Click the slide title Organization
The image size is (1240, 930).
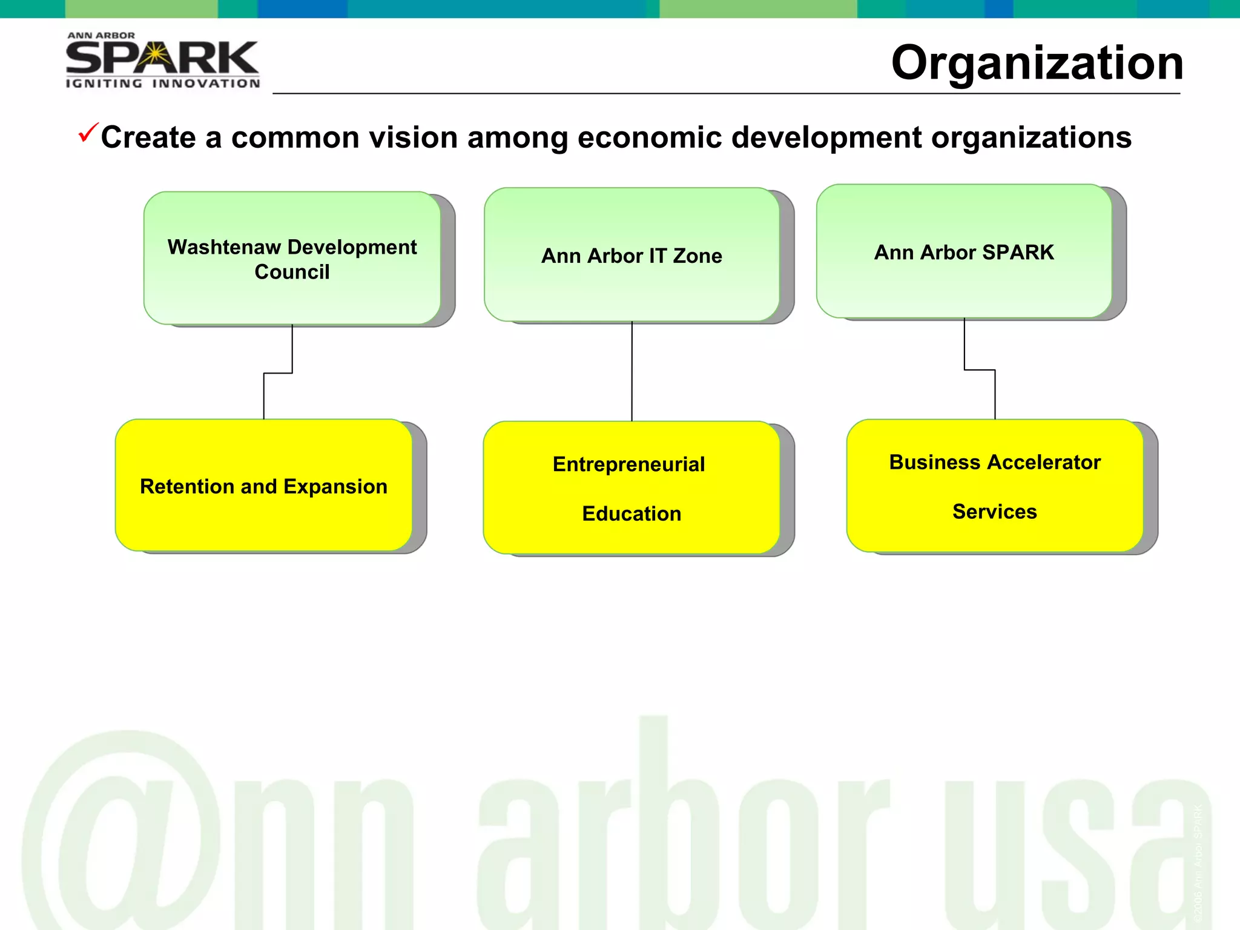(x=1037, y=63)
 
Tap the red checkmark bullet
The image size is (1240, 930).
(x=87, y=133)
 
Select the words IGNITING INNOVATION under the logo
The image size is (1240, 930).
(x=162, y=84)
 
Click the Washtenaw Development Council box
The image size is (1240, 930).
(x=292, y=259)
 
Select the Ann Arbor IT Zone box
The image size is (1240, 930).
(x=632, y=256)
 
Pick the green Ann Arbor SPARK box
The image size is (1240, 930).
(x=964, y=252)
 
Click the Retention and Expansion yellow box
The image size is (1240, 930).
(x=263, y=486)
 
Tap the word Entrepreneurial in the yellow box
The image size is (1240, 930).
(x=628, y=464)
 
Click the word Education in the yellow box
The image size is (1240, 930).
(x=632, y=513)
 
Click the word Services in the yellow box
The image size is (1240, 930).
(x=994, y=512)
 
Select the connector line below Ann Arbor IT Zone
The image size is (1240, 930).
(x=632, y=371)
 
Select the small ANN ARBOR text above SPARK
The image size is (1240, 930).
(x=101, y=36)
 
